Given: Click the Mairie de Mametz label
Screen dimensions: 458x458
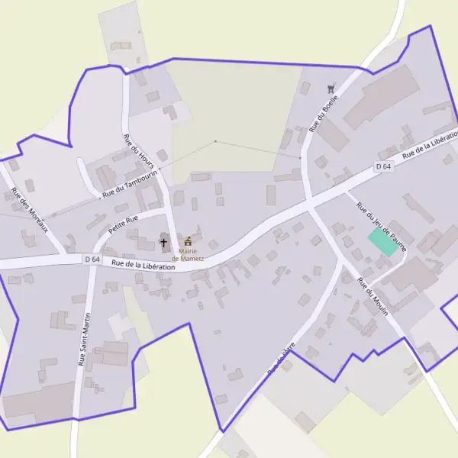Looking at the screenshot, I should click(187, 254).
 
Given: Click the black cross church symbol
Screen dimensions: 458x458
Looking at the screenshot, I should click(163, 243).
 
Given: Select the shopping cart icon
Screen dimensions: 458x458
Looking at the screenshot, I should click(331, 89).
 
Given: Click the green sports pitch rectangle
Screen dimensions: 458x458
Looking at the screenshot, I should click(383, 242).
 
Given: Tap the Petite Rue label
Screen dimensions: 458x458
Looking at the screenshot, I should click(123, 224).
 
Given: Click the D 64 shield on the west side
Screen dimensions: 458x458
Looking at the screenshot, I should click(92, 260).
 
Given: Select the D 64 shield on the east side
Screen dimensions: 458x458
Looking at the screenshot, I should click(383, 166).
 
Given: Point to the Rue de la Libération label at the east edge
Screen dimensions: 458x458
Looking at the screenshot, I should click(431, 144).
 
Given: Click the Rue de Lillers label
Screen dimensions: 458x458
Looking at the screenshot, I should click(280, 360).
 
